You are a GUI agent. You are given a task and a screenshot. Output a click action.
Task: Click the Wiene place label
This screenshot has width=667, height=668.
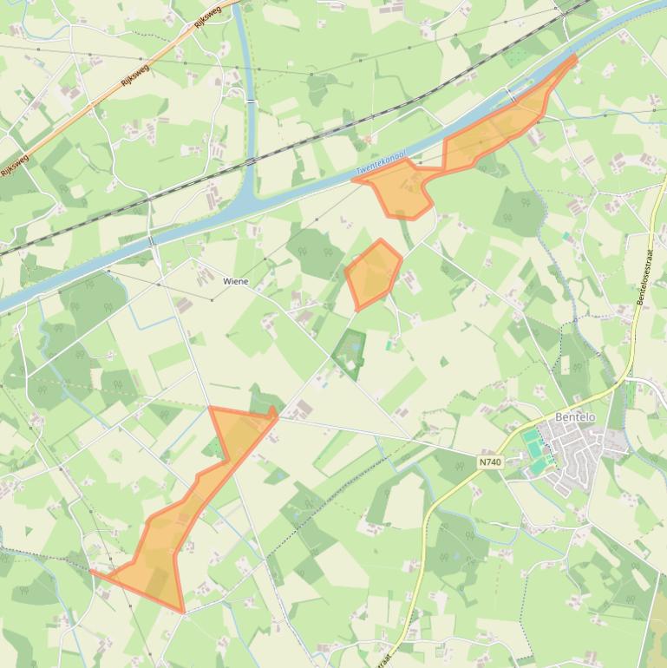[235, 281]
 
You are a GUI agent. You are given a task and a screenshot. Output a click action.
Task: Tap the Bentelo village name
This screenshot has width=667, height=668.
[575, 417]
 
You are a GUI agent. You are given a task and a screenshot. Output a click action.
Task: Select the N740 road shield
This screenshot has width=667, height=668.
[489, 462]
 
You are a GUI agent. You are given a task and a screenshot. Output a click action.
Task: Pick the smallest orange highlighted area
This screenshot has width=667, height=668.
[374, 273]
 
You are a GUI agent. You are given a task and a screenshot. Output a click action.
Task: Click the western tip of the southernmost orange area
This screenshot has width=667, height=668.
[92, 571]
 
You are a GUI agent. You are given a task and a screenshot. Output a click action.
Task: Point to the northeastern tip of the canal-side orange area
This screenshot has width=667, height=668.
[573, 58]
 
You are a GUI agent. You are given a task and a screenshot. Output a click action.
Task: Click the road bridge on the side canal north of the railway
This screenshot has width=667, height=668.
[251, 101]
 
